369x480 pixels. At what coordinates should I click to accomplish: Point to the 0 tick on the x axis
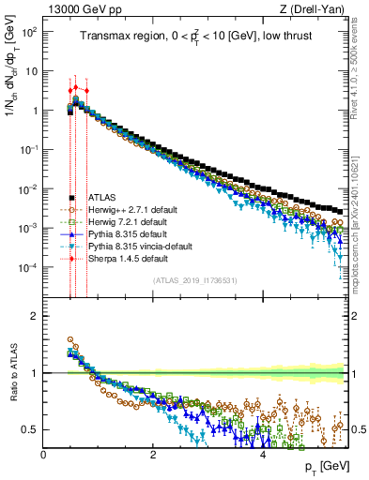tap(43, 455)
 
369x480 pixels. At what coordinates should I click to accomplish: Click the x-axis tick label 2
tap(152, 455)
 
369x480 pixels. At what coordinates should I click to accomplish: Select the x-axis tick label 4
tap(262, 455)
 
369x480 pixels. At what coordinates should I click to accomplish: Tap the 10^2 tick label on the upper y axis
tap(28, 32)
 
